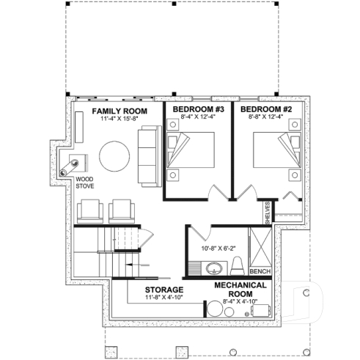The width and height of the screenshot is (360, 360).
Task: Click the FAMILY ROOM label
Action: [120, 111]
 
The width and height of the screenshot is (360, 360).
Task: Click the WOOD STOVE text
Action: [84, 182]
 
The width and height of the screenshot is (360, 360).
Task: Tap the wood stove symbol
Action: [78, 162]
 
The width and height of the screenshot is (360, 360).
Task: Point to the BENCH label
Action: [261, 272]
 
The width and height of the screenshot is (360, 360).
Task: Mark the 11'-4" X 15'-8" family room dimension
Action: [120, 119]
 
